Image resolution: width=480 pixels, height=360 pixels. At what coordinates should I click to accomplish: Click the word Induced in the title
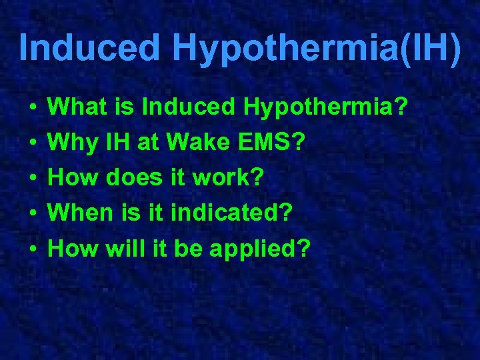click(x=90, y=48)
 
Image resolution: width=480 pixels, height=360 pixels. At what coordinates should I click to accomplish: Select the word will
click(x=125, y=249)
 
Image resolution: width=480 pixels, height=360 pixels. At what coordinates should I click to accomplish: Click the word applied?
click(x=261, y=250)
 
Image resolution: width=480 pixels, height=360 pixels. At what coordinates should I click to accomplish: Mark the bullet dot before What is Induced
click(x=32, y=107)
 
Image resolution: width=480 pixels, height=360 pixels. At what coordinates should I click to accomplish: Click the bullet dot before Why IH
click(x=32, y=143)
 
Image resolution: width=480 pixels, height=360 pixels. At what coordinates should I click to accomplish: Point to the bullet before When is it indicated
click(x=32, y=214)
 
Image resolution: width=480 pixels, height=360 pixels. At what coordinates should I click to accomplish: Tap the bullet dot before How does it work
click(x=32, y=179)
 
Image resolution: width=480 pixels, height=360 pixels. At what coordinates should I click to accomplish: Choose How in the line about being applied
click(x=73, y=249)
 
